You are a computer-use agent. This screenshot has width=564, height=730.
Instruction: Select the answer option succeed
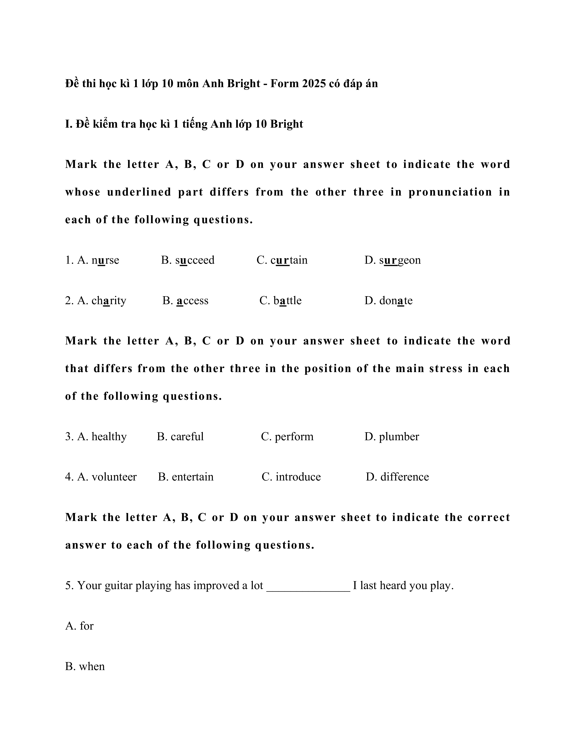click(x=195, y=260)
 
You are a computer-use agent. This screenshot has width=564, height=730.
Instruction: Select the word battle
click(x=287, y=300)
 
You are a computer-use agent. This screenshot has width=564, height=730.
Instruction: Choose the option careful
click(x=187, y=436)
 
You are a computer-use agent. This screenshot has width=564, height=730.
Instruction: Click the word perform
click(x=294, y=436)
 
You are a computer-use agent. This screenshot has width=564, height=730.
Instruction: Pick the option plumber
click(x=399, y=436)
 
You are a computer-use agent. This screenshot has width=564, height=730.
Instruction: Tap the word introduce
click(x=298, y=477)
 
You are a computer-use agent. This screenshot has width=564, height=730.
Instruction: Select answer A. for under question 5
click(x=80, y=626)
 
